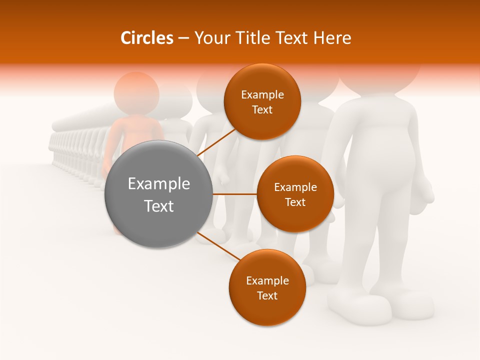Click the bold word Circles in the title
146,38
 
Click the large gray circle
159,194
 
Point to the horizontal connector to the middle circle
235,194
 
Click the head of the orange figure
136,93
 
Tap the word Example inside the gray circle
159,183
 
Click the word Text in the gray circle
159,205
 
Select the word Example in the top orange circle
262,95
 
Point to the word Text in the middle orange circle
295,202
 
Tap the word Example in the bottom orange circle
267,280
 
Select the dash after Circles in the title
183,38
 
